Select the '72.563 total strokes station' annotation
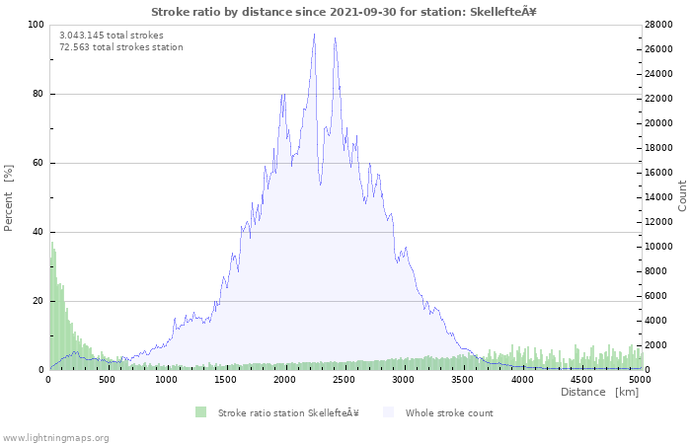tap(120, 46)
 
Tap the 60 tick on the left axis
tap(38, 163)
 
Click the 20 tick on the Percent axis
tap(38, 301)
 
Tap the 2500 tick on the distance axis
tap(345, 379)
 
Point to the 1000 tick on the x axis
tap(167, 379)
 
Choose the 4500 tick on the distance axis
tap(581, 379)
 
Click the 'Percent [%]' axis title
tap(9, 197)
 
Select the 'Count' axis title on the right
tap(682, 195)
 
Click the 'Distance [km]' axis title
tap(599, 393)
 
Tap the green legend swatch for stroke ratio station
tap(201, 412)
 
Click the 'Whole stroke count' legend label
tap(449, 413)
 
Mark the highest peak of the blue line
tap(315, 35)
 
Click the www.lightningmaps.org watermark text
tap(55, 437)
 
